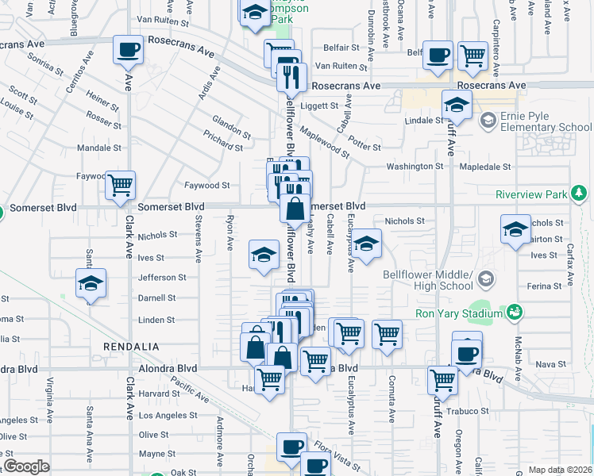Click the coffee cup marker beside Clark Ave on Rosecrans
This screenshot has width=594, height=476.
point(128,51)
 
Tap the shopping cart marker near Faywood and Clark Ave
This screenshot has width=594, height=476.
point(120,186)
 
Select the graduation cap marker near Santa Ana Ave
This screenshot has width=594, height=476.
point(91,283)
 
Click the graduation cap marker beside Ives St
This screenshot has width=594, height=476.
point(264,255)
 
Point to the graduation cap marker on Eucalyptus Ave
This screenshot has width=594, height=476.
point(366,244)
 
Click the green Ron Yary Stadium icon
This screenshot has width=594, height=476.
point(515,313)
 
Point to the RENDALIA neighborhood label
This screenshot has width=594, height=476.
point(131,347)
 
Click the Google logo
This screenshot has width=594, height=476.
point(26,466)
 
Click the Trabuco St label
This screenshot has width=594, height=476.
point(468,411)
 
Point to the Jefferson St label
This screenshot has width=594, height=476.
point(162,278)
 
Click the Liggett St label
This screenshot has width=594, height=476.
point(319,105)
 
